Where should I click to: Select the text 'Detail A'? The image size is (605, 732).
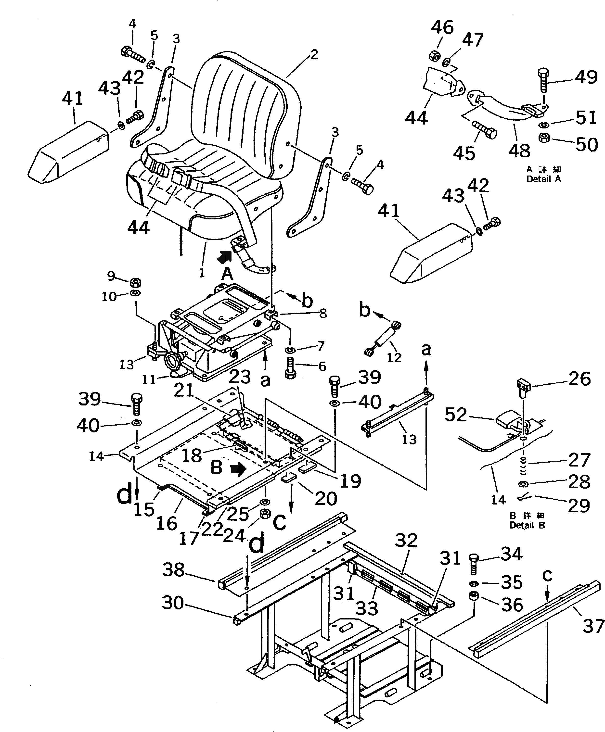click(x=544, y=179)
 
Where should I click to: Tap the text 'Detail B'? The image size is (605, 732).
click(x=527, y=525)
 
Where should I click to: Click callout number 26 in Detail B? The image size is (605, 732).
click(x=579, y=379)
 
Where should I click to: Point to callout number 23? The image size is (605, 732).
click(x=240, y=377)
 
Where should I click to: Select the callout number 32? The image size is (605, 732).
click(x=406, y=540)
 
